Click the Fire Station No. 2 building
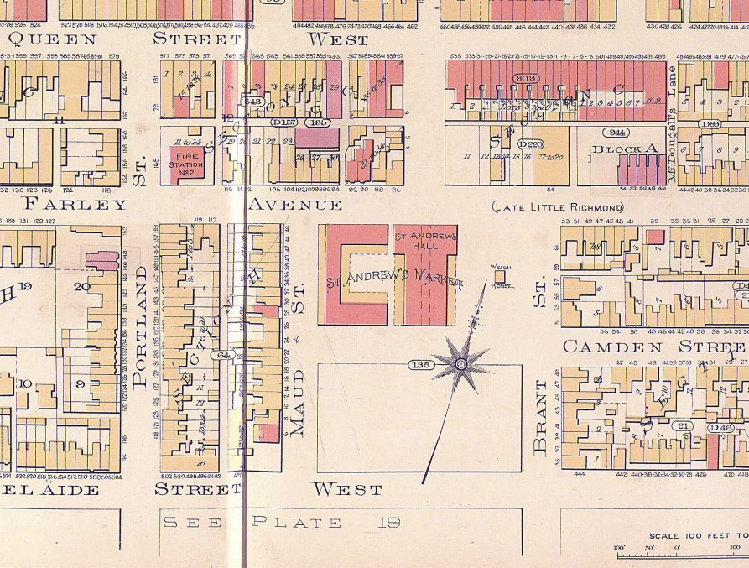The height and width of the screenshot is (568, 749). click(186, 162)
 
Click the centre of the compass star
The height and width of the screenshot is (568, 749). click(460, 363)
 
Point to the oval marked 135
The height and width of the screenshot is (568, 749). click(421, 364)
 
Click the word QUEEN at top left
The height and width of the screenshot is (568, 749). click(52, 39)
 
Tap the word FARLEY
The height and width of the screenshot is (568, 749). click(75, 204)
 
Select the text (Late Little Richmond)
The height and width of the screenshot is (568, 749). click(558, 207)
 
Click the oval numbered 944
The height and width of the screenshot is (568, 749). click(619, 132)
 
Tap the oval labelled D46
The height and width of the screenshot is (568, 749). click(722, 428)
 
